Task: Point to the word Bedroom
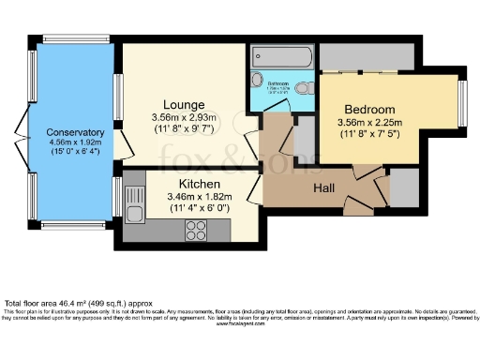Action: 368,108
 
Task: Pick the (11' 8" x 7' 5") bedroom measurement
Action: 368,133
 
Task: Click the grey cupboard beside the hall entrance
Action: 402,188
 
